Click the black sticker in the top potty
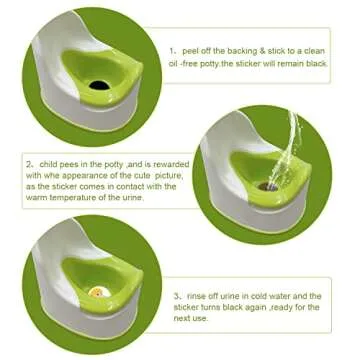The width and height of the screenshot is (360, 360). click(x=97, y=85)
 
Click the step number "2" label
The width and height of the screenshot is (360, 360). click(x=29, y=161)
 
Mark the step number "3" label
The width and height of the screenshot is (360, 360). click(x=176, y=296)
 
